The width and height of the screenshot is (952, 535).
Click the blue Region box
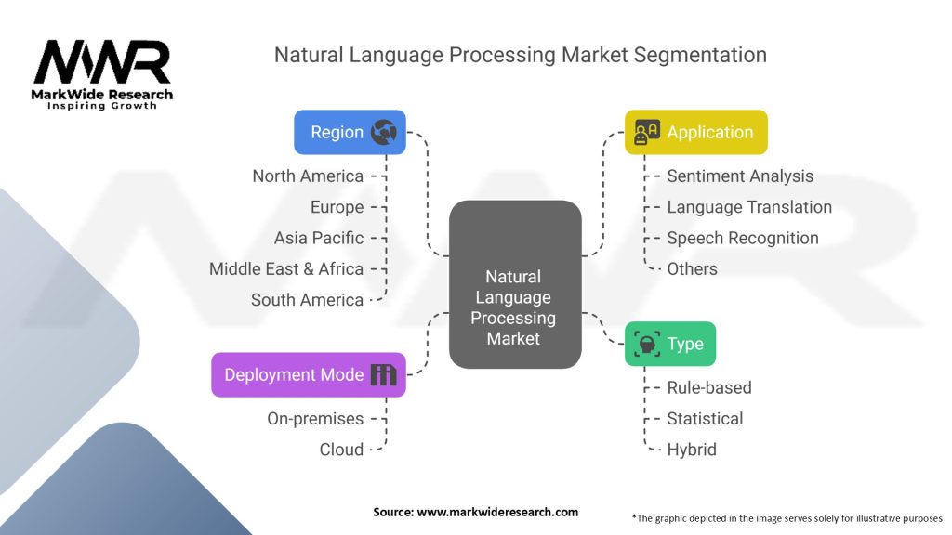pyautogui.click(x=350, y=132)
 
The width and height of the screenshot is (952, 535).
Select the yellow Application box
pyautogui.click(x=695, y=132)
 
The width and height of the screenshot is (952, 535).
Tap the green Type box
pyautogui.click(x=670, y=344)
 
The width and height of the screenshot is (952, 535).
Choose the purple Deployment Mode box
pyautogui.click(x=309, y=375)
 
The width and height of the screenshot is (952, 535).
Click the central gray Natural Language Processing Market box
pyautogui.click(x=515, y=284)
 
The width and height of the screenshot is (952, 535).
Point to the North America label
pyautogui.click(x=308, y=176)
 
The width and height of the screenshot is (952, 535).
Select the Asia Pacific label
pyautogui.click(x=319, y=238)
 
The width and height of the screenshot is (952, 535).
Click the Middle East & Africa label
pyautogui.click(x=286, y=268)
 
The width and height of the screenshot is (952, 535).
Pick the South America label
pyautogui.click(x=307, y=300)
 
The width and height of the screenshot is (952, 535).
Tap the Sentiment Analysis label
pyautogui.click(x=740, y=176)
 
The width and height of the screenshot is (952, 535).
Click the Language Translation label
pyautogui.click(x=749, y=207)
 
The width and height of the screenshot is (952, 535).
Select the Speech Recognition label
pyautogui.click(x=743, y=239)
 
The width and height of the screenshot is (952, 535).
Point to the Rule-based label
pyautogui.click(x=709, y=387)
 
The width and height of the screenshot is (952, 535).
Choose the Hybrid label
pyautogui.click(x=692, y=450)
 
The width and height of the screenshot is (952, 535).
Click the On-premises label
pyautogui.click(x=315, y=419)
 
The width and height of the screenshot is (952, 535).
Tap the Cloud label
pyautogui.click(x=341, y=450)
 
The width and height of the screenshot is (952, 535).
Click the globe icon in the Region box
pyautogui.click(x=384, y=132)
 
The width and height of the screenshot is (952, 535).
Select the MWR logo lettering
pyautogui.click(x=102, y=62)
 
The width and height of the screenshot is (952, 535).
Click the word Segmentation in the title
pyautogui.click(x=700, y=55)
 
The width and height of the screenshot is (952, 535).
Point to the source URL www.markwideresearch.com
pyautogui.click(x=497, y=512)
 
